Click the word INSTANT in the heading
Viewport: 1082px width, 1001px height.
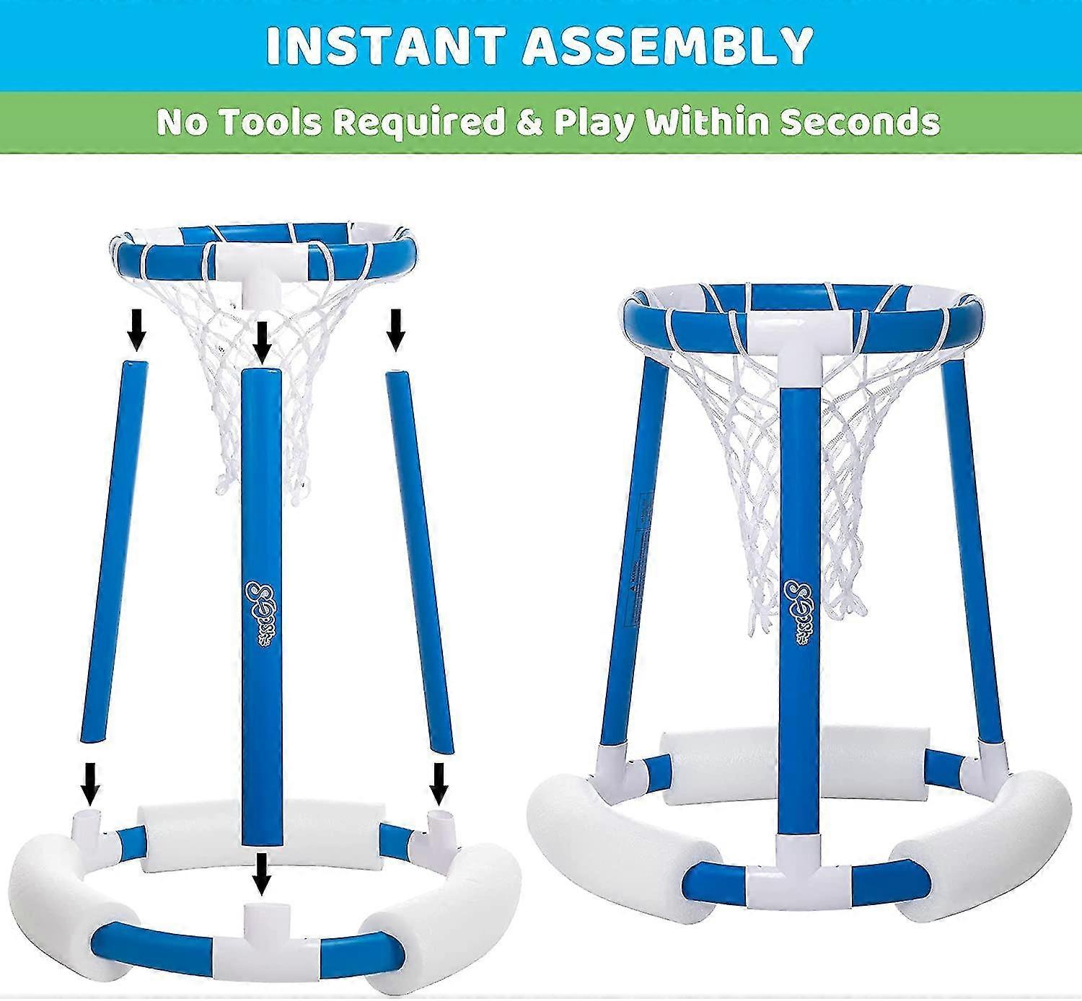pyautogui.click(x=382, y=46)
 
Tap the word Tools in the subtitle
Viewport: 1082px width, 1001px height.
pyautogui.click(x=271, y=123)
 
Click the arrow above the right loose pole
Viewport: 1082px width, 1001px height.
pyautogui.click(x=395, y=329)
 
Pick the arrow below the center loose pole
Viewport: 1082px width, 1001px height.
pyautogui.click(x=261, y=873)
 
